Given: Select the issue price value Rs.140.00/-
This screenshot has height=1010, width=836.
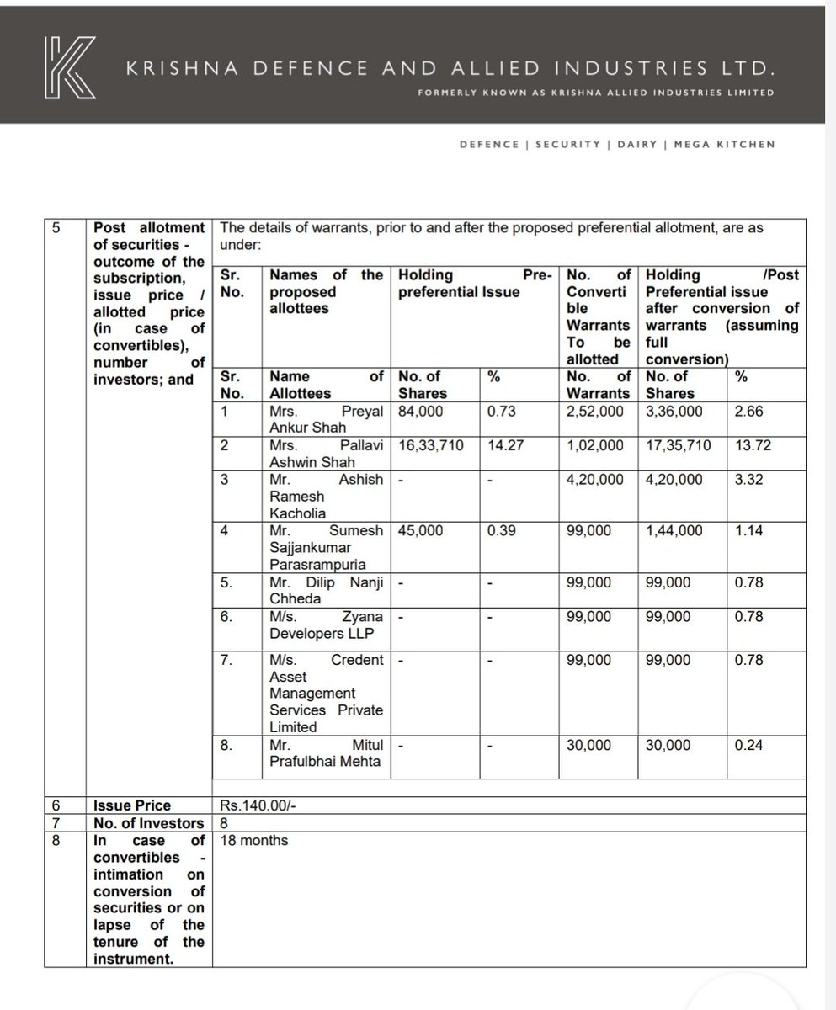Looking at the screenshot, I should [256, 805].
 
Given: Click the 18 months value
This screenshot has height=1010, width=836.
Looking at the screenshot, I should [253, 840].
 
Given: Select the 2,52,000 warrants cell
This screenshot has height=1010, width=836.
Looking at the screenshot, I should [595, 412].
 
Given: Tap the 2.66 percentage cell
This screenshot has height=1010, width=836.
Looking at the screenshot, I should [749, 412].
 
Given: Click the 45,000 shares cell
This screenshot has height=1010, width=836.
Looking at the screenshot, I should [420, 530].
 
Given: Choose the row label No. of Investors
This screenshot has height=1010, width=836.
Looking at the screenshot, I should [148, 822].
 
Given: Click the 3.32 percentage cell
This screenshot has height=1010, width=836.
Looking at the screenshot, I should [749, 479].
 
